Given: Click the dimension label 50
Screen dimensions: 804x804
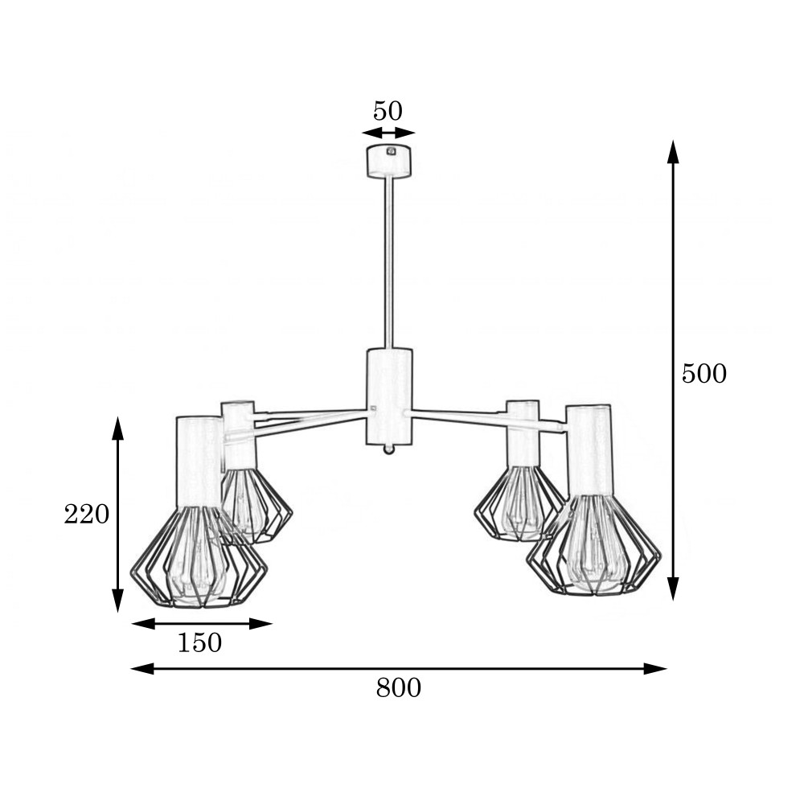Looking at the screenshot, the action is (x=388, y=111).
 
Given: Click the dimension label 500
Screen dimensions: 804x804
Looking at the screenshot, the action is (x=704, y=374).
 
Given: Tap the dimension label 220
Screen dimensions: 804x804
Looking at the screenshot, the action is (x=87, y=514).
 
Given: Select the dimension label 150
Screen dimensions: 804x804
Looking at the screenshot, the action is (x=199, y=642).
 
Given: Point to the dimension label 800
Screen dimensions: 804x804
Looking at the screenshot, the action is (x=399, y=687).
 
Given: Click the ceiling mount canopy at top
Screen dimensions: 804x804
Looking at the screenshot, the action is (x=389, y=162).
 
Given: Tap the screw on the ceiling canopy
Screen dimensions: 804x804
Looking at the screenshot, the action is (x=392, y=151).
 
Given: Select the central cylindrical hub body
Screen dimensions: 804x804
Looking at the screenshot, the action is (x=389, y=396).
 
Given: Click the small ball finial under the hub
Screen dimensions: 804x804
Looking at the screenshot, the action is (x=389, y=450).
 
